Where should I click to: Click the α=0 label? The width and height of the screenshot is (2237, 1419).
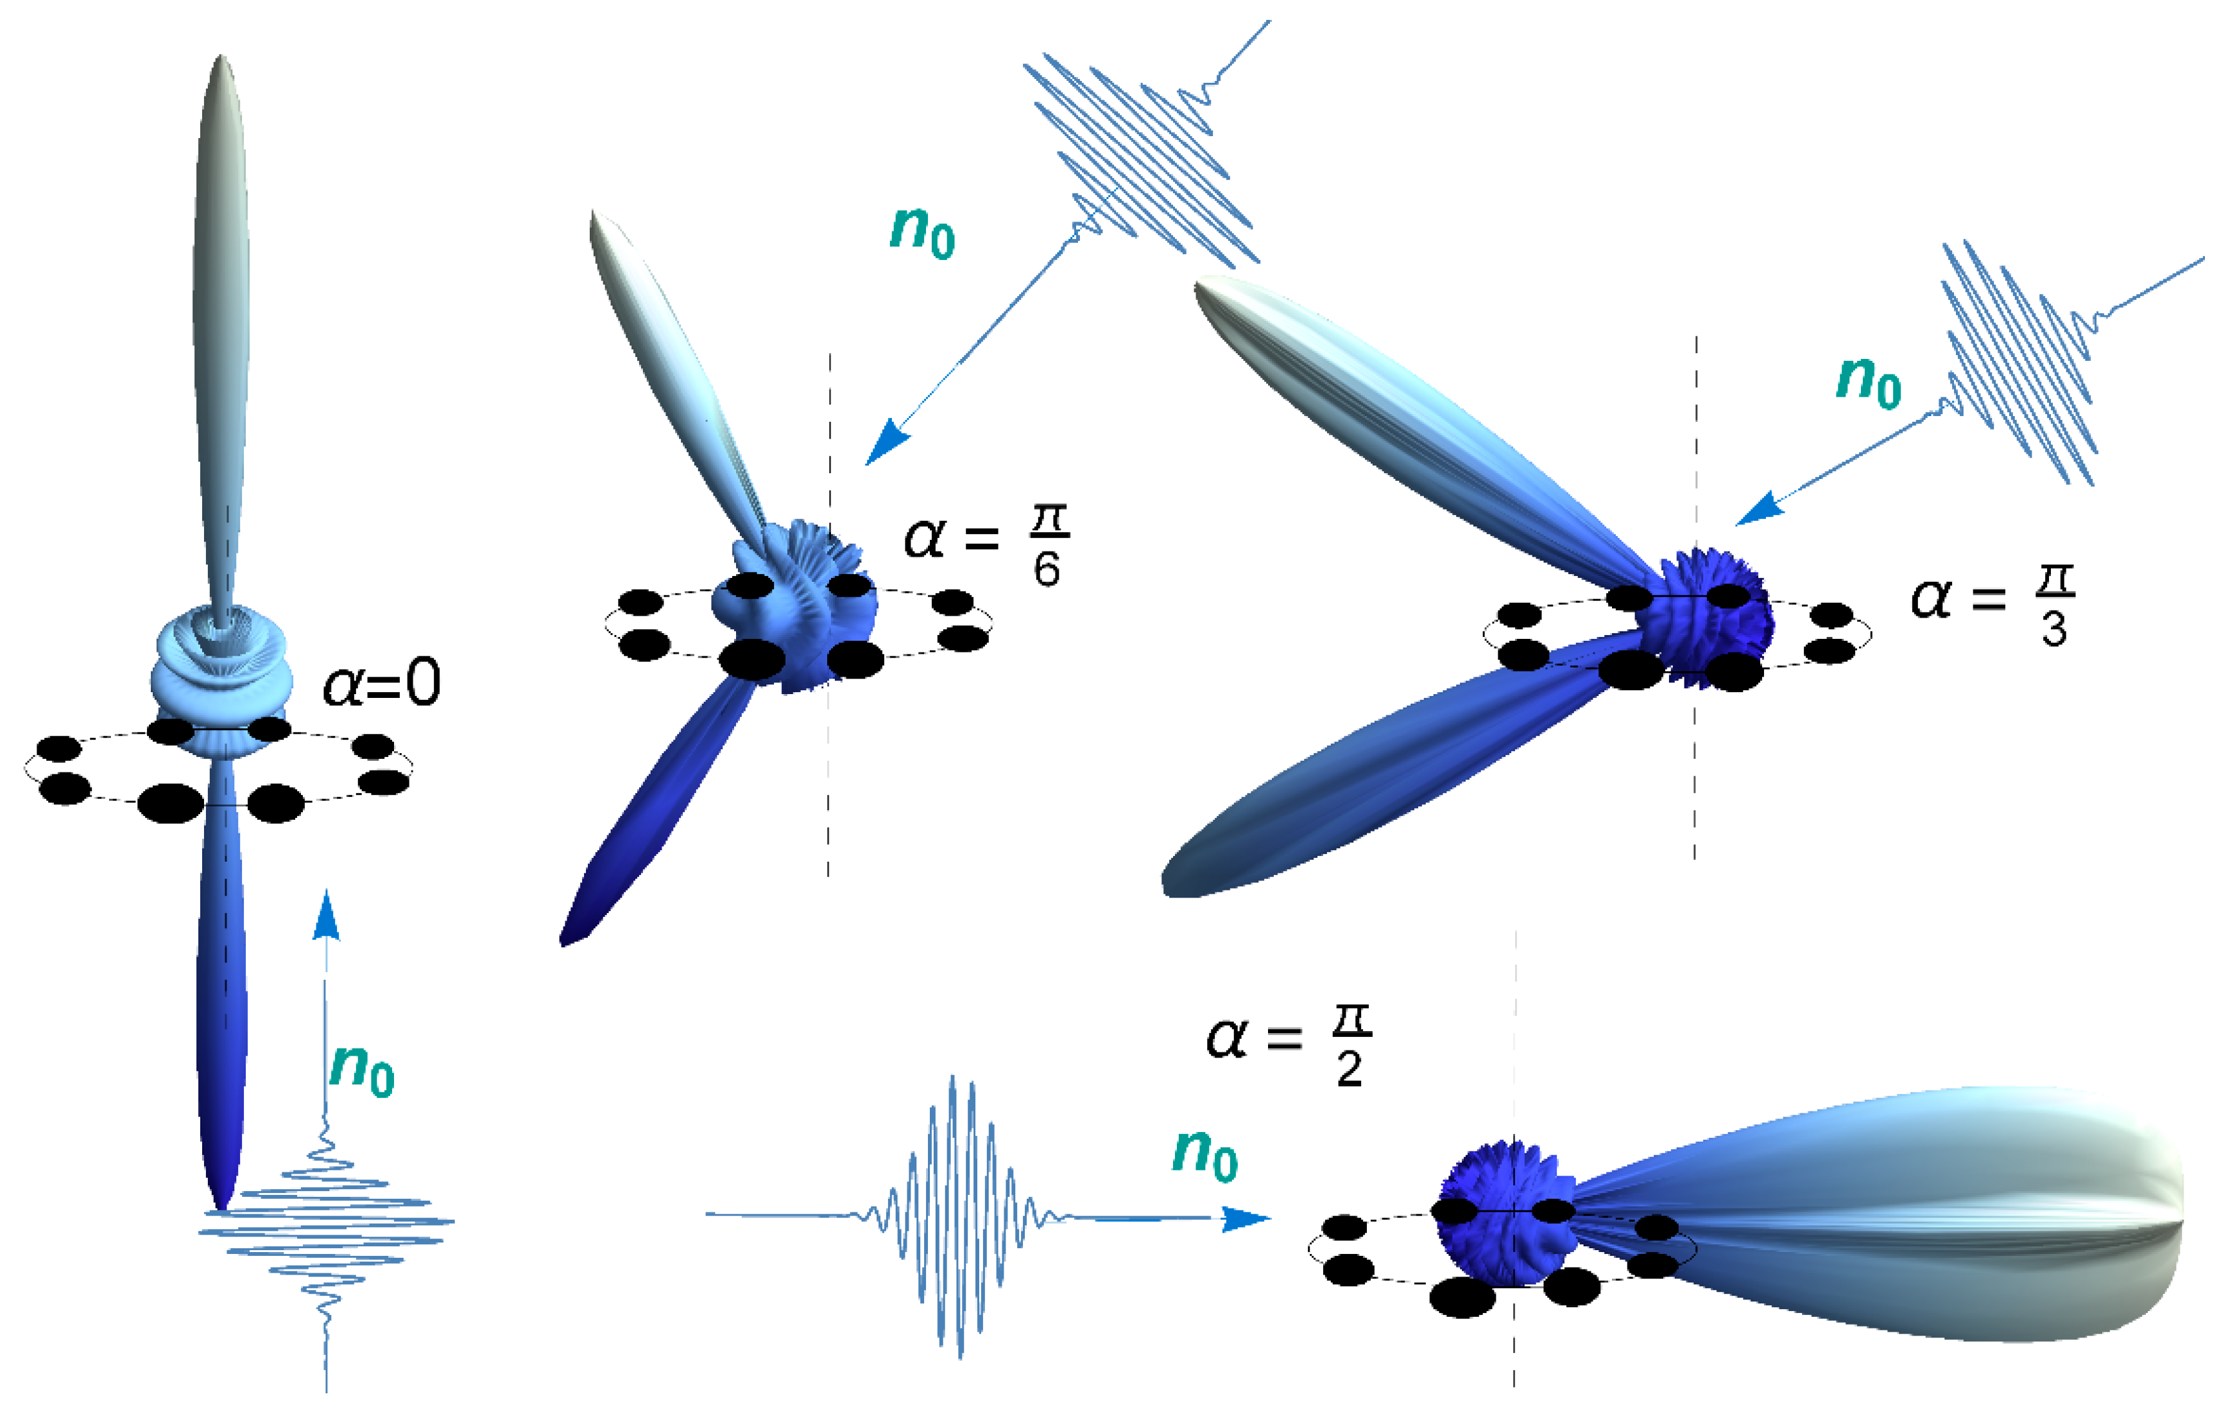[x=381, y=685]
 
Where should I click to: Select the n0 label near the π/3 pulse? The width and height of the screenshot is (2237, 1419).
[x=1868, y=380]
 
